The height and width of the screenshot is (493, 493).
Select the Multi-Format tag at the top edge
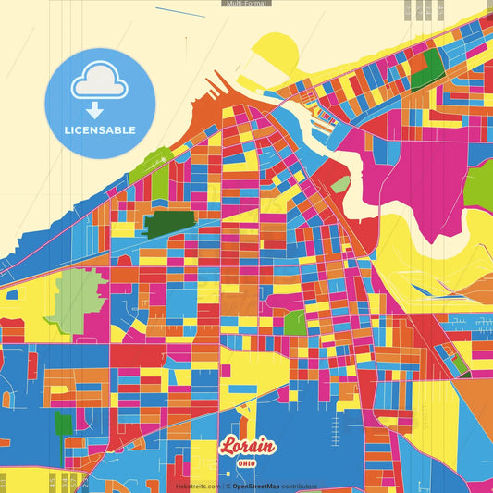click(246, 4)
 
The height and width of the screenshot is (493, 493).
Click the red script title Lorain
click(247, 446)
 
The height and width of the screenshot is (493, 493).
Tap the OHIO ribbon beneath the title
click(247, 463)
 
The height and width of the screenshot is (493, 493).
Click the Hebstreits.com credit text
click(197, 486)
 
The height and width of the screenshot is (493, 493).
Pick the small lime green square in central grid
click(295, 323)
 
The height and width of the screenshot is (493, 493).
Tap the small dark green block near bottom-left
click(63, 425)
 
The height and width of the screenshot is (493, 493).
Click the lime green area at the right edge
click(478, 181)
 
